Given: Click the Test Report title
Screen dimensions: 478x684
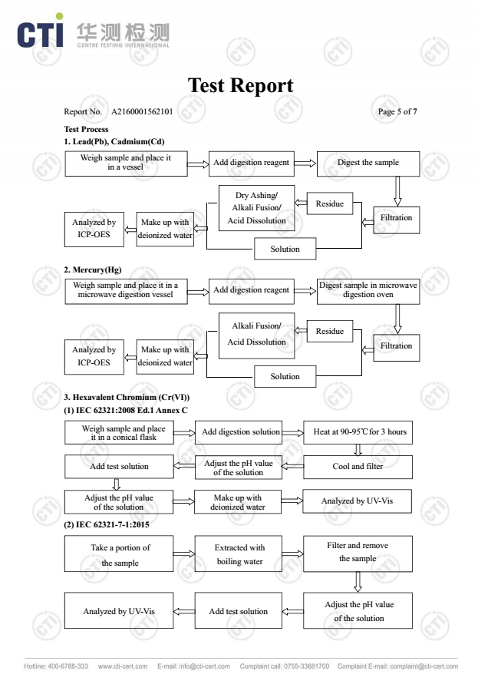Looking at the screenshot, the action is click(240, 85).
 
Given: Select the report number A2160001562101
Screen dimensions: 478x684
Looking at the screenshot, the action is click(142, 111).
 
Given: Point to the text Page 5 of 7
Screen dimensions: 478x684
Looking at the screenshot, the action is click(397, 111).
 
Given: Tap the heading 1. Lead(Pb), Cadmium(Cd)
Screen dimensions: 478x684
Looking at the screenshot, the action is click(114, 141).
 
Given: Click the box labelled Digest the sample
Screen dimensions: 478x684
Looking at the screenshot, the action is click(368, 164).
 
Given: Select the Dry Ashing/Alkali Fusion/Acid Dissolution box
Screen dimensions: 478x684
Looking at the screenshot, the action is click(256, 208).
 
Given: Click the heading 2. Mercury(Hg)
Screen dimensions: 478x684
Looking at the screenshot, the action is click(93, 269).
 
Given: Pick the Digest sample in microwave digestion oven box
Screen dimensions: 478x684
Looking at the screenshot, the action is click(368, 292).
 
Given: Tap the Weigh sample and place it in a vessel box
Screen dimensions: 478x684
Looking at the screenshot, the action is click(126, 164).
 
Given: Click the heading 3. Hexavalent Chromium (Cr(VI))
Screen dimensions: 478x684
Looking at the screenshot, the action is click(127, 397).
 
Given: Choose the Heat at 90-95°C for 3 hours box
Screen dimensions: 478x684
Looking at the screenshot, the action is click(358, 432).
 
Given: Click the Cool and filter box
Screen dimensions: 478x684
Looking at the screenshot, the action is click(358, 467).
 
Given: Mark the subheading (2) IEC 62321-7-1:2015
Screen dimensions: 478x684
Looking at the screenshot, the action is click(107, 524).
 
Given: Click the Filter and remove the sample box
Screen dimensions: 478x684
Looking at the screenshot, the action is click(358, 554).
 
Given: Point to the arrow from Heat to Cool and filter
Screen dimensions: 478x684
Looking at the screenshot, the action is click(358, 450).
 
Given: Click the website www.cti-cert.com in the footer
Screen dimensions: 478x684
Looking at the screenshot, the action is click(123, 666).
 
